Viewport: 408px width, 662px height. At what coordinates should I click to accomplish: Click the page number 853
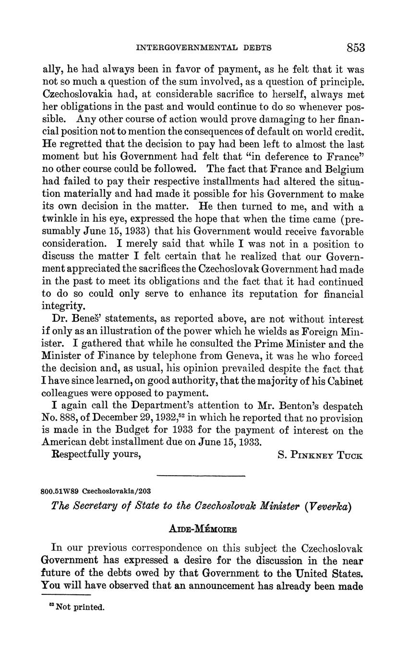coord(355,48)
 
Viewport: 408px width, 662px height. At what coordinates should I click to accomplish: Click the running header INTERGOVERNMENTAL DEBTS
coord(204,48)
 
